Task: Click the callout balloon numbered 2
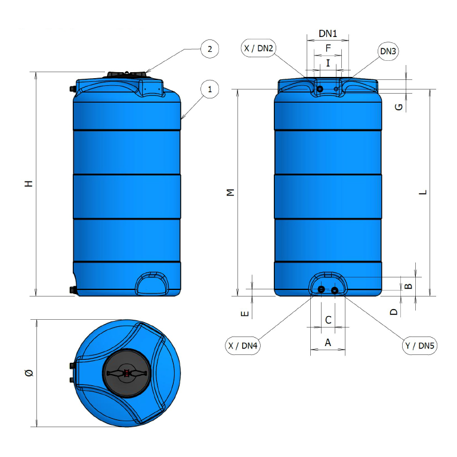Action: (209, 49)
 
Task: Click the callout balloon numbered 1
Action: (209, 89)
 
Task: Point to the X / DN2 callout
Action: (258, 48)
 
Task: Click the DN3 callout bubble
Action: (388, 51)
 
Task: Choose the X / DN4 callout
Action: (243, 345)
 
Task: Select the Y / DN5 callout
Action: (419, 345)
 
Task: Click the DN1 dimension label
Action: (328, 34)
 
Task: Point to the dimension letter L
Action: (422, 192)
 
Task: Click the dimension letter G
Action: (399, 107)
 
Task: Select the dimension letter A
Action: (328, 342)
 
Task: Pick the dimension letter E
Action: (243, 313)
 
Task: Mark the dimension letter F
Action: (328, 48)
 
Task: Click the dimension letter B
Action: (409, 286)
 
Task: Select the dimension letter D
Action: (393, 311)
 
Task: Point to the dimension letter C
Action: (328, 320)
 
